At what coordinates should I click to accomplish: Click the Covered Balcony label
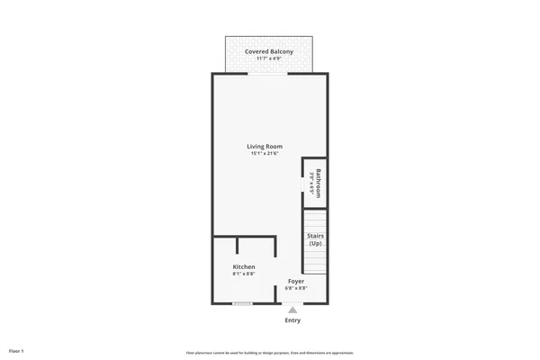pos(269,51)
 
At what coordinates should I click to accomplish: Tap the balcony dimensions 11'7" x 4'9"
pos(269,59)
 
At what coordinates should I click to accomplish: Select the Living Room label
pos(265,146)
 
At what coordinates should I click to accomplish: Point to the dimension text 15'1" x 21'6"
pos(265,154)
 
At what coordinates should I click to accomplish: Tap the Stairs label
pos(315,235)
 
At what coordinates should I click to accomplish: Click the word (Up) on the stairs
pos(315,244)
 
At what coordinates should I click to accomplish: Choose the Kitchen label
pos(244,267)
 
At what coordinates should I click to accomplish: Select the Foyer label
pos(296,281)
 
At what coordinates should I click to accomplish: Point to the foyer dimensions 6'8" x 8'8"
pos(296,289)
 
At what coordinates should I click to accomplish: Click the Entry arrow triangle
pos(292,310)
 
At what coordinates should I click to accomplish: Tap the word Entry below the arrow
pos(292,320)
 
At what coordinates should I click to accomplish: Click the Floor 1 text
pos(16,349)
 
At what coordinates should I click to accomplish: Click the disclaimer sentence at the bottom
pos(270,352)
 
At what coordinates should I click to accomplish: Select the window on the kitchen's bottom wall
pos(241,303)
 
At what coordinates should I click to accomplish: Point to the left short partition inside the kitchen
pos(238,246)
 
